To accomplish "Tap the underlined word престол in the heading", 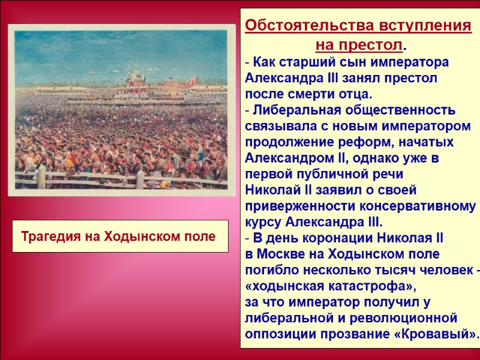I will (375, 45).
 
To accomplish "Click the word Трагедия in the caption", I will (49, 236).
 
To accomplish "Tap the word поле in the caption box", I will (200, 236).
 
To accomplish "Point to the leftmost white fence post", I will (42, 177).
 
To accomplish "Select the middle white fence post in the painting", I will (140, 179).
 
